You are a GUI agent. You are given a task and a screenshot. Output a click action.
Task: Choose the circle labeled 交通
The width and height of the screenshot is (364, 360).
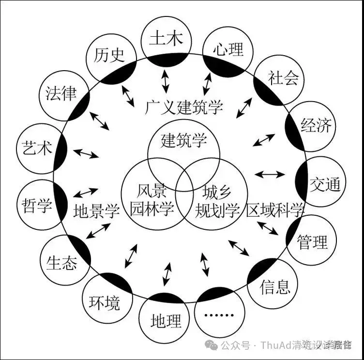point(325,183)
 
